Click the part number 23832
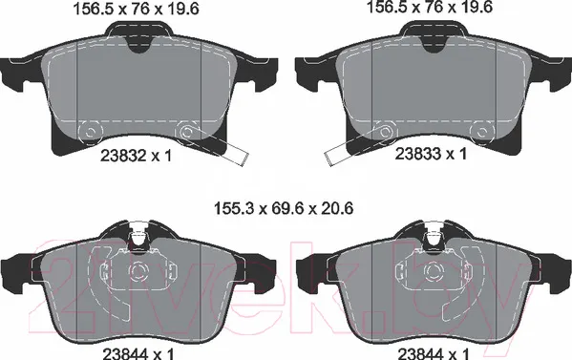point(122,157)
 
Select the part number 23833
point(418,154)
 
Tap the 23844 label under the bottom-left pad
point(125,354)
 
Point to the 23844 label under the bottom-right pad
point(420,354)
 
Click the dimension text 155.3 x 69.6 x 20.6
point(284,209)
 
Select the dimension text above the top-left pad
point(137,9)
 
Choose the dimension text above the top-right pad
point(430,7)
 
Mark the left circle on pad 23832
point(90,131)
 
